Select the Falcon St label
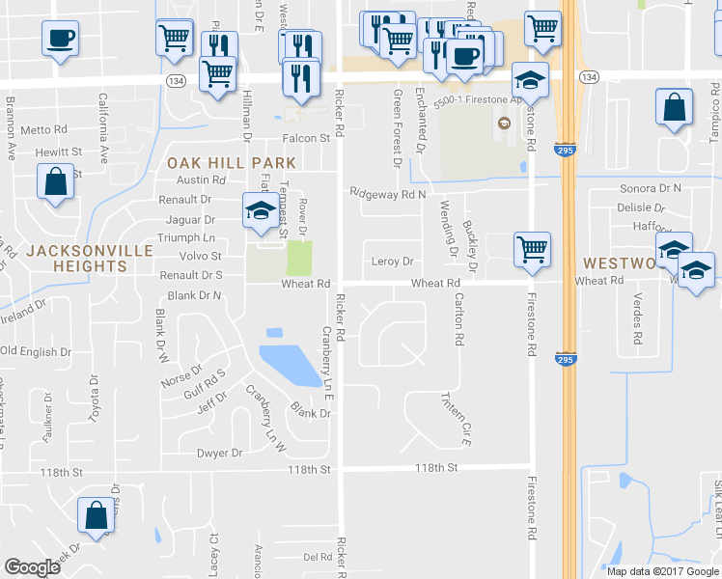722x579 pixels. [x=306, y=138]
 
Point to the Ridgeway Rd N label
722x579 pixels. [x=388, y=194]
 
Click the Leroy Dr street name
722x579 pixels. [x=392, y=261]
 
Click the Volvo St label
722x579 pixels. [x=200, y=257]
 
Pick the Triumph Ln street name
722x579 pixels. [x=189, y=236]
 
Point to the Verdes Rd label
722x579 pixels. [x=637, y=319]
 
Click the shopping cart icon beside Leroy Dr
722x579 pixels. [x=532, y=248]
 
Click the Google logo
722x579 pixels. [x=32, y=568]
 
